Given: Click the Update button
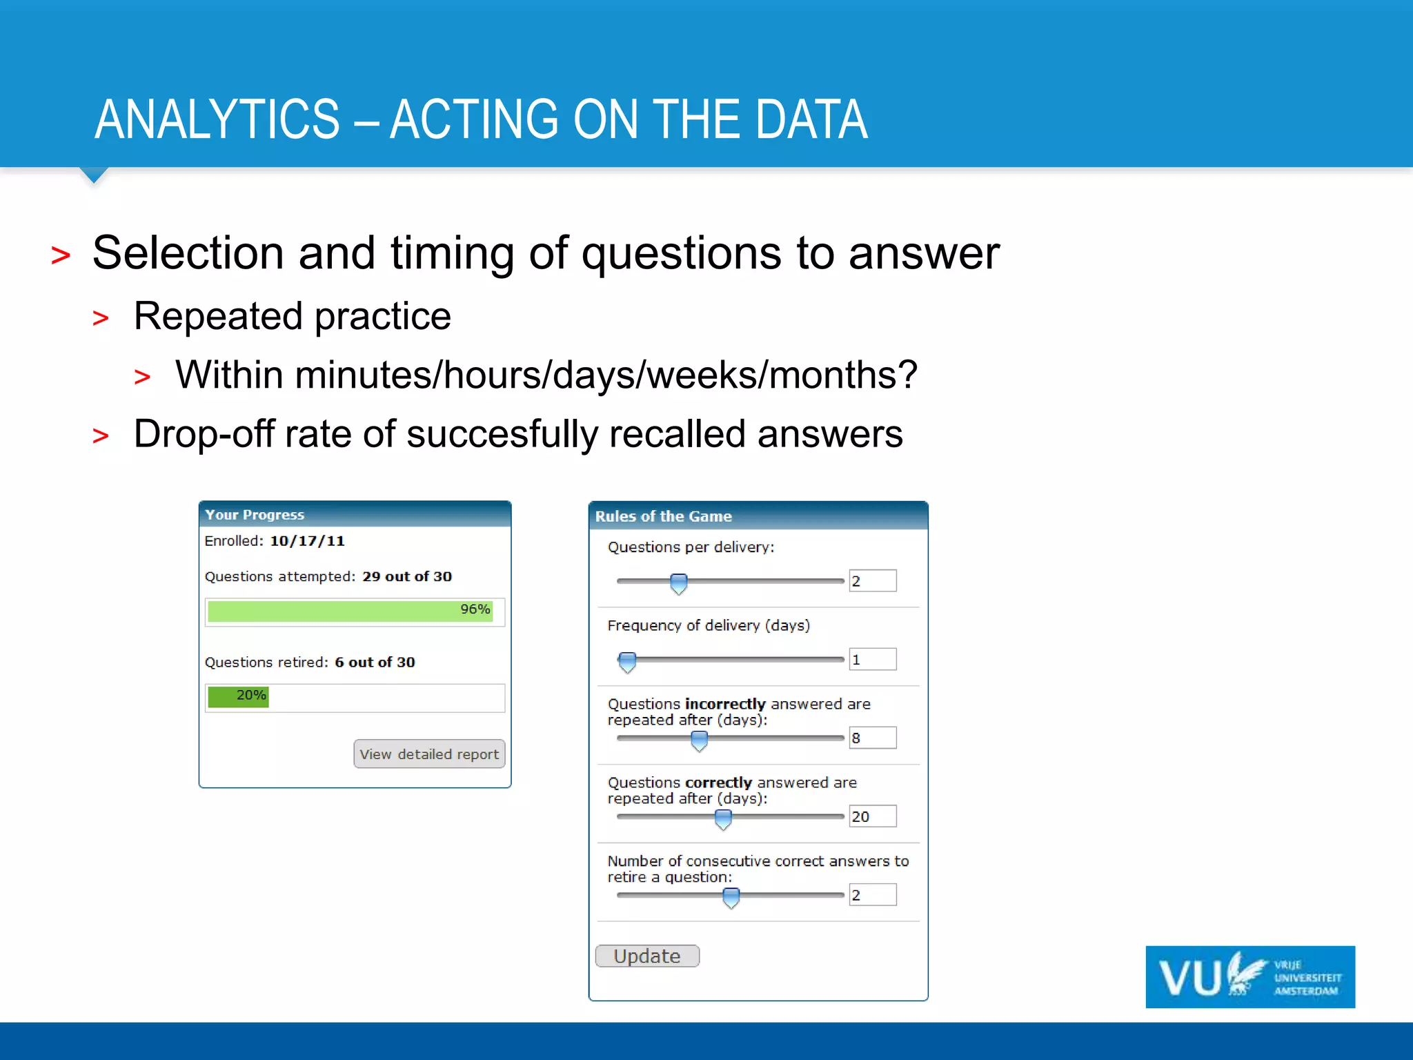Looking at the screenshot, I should pos(646,956).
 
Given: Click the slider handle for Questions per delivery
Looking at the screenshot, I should pos(679,583).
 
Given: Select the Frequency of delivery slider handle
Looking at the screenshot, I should pos(627,661).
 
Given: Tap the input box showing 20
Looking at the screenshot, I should pos(872,816).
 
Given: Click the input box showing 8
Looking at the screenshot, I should pos(872,738).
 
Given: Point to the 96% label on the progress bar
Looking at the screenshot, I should pos(475,609).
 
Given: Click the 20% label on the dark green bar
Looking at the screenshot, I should pos(250,695).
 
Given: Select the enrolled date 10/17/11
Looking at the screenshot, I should pos(307,541).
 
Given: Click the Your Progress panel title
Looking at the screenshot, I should pos(255,515).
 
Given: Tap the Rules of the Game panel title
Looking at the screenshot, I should pos(663,516).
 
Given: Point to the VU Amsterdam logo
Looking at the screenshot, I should pos(1249,976).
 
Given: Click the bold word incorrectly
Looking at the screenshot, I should pos(725,704).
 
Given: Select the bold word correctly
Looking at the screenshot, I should pos(718,783).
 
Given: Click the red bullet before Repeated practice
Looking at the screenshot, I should pos(101,318).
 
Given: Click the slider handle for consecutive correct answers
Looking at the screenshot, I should pos(731,897).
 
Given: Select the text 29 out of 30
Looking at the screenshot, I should pos(407,576).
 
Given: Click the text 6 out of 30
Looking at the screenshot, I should pos(375,662).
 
